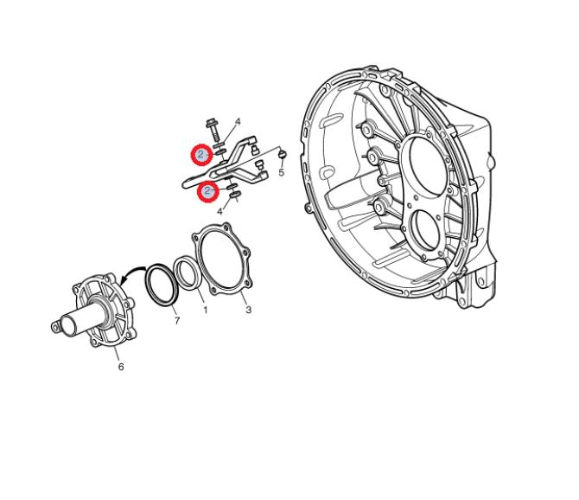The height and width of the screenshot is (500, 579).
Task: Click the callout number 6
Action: coord(121,367)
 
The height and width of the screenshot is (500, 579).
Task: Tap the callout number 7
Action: coord(177,320)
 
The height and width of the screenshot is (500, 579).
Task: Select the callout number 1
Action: coord(206,310)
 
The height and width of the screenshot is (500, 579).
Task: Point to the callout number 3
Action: coord(248,310)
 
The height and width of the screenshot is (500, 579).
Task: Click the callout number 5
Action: coord(282,172)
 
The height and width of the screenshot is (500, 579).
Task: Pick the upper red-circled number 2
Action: coord(201,155)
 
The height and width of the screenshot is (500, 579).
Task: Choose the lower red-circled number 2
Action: coord(207,191)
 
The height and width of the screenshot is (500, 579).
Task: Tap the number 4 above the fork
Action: coord(238,122)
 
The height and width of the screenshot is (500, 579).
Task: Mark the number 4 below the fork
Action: coord(220,211)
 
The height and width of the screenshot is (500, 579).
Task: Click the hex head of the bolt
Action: coord(212,122)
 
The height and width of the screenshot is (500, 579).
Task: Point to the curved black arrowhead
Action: coord(124,281)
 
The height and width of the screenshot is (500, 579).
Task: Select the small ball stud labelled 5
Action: coord(283,154)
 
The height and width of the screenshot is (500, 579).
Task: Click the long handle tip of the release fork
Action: coord(186,183)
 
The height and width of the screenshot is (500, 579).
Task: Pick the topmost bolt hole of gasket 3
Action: coord(226,226)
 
